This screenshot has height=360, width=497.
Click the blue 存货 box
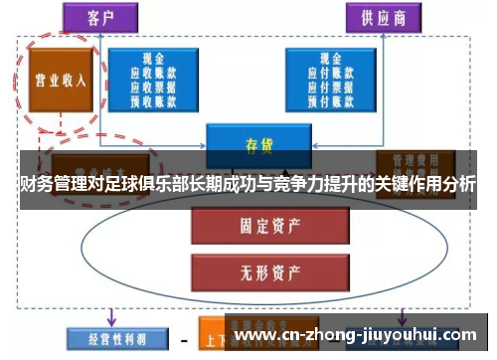(258, 143)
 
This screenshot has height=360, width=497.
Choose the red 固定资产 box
(257, 227)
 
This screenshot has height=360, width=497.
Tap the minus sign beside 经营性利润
(184, 338)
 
